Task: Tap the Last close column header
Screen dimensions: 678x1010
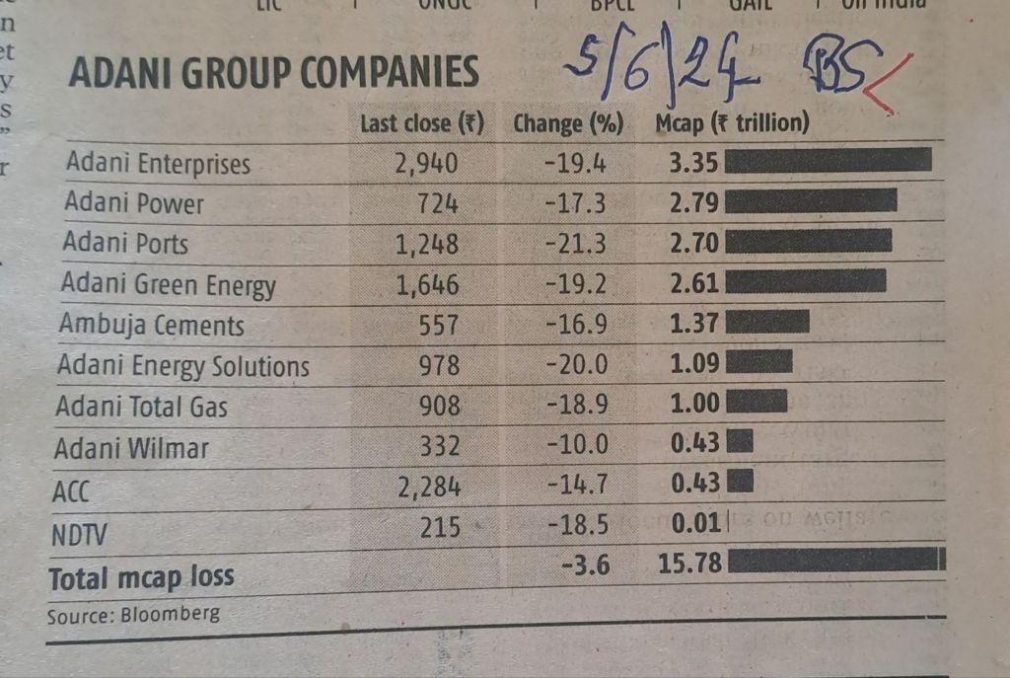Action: [421, 124]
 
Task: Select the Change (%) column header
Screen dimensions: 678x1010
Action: [569, 124]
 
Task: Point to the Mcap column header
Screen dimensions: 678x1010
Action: [732, 124]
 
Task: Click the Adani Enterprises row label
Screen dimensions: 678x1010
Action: [158, 163]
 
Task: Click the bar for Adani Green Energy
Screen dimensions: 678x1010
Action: [805, 282]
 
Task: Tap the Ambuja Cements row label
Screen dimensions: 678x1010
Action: [151, 325]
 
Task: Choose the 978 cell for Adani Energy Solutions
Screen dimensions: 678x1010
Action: [439, 365]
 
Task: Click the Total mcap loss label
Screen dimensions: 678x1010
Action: [141, 576]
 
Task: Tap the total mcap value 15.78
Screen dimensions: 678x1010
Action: [688, 564]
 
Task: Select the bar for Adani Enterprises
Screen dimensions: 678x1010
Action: [828, 160]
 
